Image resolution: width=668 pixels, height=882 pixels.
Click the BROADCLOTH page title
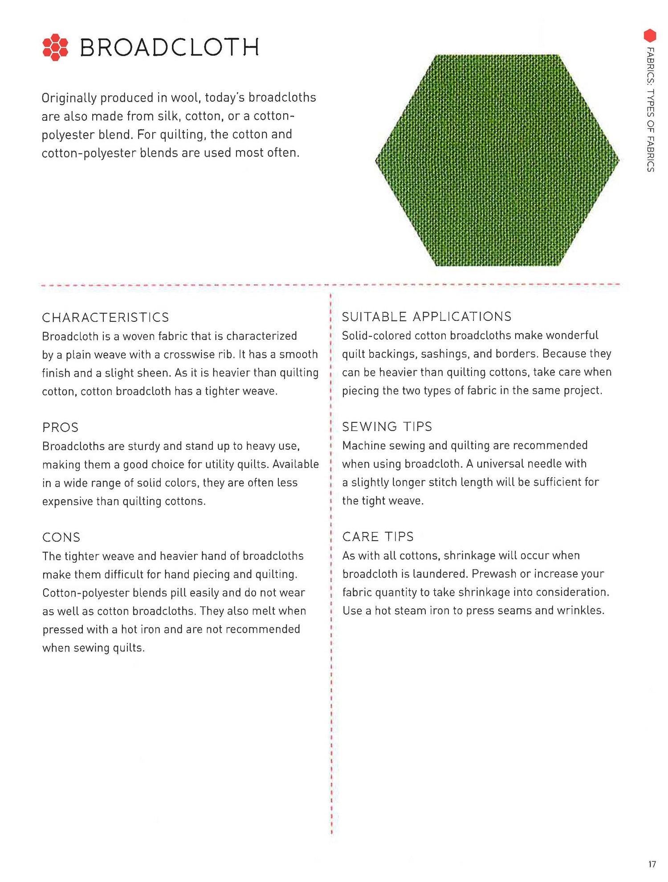[169, 47]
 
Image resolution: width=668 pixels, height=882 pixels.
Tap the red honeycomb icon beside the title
[55, 47]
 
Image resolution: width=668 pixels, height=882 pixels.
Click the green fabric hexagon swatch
[497, 160]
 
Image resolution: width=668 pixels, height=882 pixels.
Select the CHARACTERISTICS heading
[106, 317]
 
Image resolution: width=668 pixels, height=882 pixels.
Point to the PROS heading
[60, 427]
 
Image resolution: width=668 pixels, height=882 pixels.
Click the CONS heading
[61, 537]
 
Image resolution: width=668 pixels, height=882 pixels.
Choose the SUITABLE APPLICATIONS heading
[427, 316]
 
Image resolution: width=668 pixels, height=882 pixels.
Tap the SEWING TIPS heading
[387, 427]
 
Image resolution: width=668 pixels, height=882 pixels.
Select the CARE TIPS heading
[378, 537]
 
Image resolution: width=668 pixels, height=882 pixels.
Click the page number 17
[652, 864]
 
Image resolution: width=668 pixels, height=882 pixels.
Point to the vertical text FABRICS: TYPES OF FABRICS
[651, 109]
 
